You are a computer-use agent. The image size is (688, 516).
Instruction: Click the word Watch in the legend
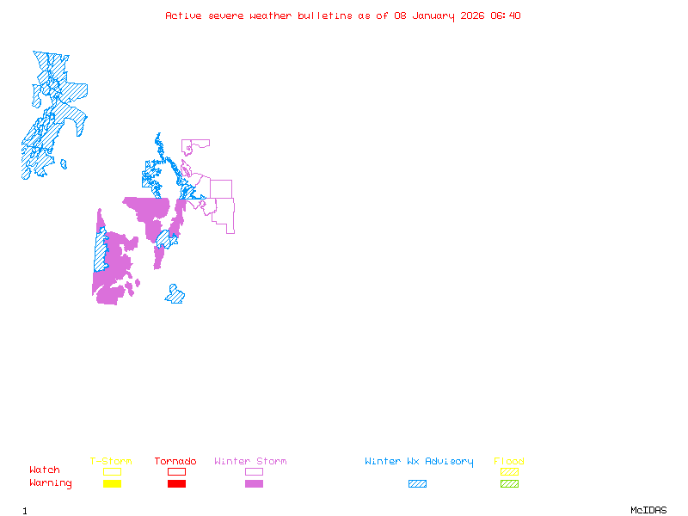point(45,470)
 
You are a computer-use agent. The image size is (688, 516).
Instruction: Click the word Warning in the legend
point(51,483)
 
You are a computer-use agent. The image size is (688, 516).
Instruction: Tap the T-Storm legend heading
point(111,462)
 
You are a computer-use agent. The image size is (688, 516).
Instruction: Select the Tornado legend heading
point(175,462)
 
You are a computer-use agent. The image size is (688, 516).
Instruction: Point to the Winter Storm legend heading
point(250,462)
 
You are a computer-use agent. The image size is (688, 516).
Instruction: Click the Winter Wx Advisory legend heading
point(419,462)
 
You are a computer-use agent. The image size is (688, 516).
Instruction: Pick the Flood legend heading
point(509,462)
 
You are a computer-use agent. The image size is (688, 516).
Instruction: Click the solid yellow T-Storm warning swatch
point(112,484)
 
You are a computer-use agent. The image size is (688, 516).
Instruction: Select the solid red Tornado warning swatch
point(176,484)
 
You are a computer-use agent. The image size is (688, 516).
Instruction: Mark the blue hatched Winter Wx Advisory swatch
point(417,484)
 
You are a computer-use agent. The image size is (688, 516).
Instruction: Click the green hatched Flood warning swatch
point(509,484)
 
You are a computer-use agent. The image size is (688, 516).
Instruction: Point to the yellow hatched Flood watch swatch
point(509,472)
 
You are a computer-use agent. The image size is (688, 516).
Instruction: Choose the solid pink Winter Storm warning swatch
point(254,484)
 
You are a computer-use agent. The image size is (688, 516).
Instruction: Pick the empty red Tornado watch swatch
point(176,472)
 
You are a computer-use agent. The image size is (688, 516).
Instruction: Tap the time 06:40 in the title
point(506,15)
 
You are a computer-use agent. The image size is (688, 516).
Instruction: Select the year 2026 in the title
point(472,15)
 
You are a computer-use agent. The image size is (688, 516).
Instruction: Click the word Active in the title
point(184,15)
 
